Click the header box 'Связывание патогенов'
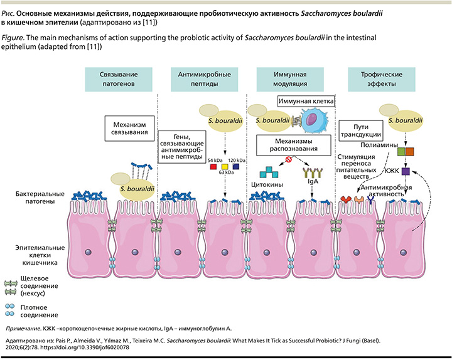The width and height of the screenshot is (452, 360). point(119,79)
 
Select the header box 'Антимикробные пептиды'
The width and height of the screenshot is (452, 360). point(205,79)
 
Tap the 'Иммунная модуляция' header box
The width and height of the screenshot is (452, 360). point(290,79)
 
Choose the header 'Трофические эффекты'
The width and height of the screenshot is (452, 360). point(382,79)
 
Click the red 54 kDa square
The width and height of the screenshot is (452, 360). point(213,166)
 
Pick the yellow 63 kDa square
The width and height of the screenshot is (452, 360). point(225,167)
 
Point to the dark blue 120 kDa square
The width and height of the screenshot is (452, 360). point(236,166)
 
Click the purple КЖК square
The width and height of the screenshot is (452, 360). point(406,171)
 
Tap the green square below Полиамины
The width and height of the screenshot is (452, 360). point(402,152)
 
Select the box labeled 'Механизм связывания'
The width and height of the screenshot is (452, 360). point(129,129)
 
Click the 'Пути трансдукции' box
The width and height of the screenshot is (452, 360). point(361,130)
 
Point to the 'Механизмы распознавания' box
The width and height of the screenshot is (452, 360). point(294,145)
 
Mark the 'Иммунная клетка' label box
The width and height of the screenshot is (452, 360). point(306,102)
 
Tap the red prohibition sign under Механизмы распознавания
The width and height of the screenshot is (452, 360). point(289,159)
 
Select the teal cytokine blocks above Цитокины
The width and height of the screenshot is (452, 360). point(269,172)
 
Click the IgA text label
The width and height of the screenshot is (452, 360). point(313,181)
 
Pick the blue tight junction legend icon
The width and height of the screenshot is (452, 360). point(10,310)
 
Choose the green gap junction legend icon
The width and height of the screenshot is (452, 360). point(11,288)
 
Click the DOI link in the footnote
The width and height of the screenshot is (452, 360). point(85,347)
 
